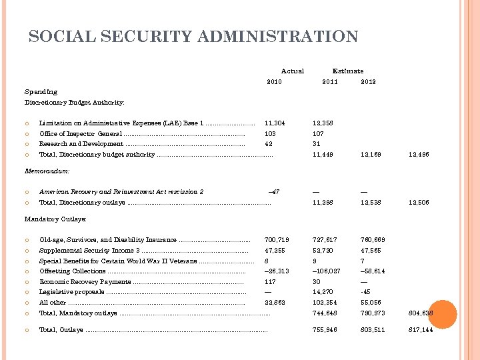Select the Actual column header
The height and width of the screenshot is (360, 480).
pos(292,71)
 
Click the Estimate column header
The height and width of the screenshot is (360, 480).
pos(348,71)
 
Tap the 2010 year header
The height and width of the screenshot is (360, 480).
pos(274,82)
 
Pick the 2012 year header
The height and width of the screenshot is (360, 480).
pos(368,82)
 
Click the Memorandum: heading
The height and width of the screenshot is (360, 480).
pos(47,171)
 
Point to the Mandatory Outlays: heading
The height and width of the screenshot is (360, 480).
pos(56,219)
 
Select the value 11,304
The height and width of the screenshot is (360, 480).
pos(275,123)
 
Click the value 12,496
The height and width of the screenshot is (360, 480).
pos(419,155)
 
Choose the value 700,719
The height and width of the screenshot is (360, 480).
pos(276,240)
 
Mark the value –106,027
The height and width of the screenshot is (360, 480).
pos(327,271)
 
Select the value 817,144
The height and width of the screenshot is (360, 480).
pos(419,330)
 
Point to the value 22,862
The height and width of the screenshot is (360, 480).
pos(275,303)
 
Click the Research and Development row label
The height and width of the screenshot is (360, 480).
pos(81,144)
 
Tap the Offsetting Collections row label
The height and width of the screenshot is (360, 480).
pos(73,271)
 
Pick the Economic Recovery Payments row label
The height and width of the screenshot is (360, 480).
pos(85,282)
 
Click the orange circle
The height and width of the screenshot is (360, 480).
pos(443,314)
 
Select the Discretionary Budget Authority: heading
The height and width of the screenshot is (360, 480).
pos(75,103)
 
